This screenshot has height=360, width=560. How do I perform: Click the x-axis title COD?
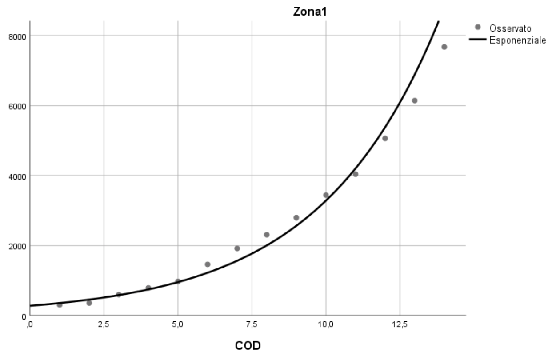pos(248,345)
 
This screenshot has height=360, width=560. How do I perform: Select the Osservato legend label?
pos(511,28)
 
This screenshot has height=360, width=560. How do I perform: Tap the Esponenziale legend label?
pos(517,41)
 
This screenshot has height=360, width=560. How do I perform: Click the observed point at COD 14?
pos(444,47)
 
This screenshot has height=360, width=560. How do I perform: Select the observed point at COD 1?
pos(60,305)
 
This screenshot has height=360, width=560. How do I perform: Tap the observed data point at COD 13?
pos(415,100)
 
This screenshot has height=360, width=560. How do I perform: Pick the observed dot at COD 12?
pos(385,138)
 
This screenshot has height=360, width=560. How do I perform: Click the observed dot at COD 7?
pos(237,248)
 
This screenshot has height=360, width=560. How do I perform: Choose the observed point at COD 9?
pos(296,218)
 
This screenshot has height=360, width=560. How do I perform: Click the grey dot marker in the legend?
pos(478,28)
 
